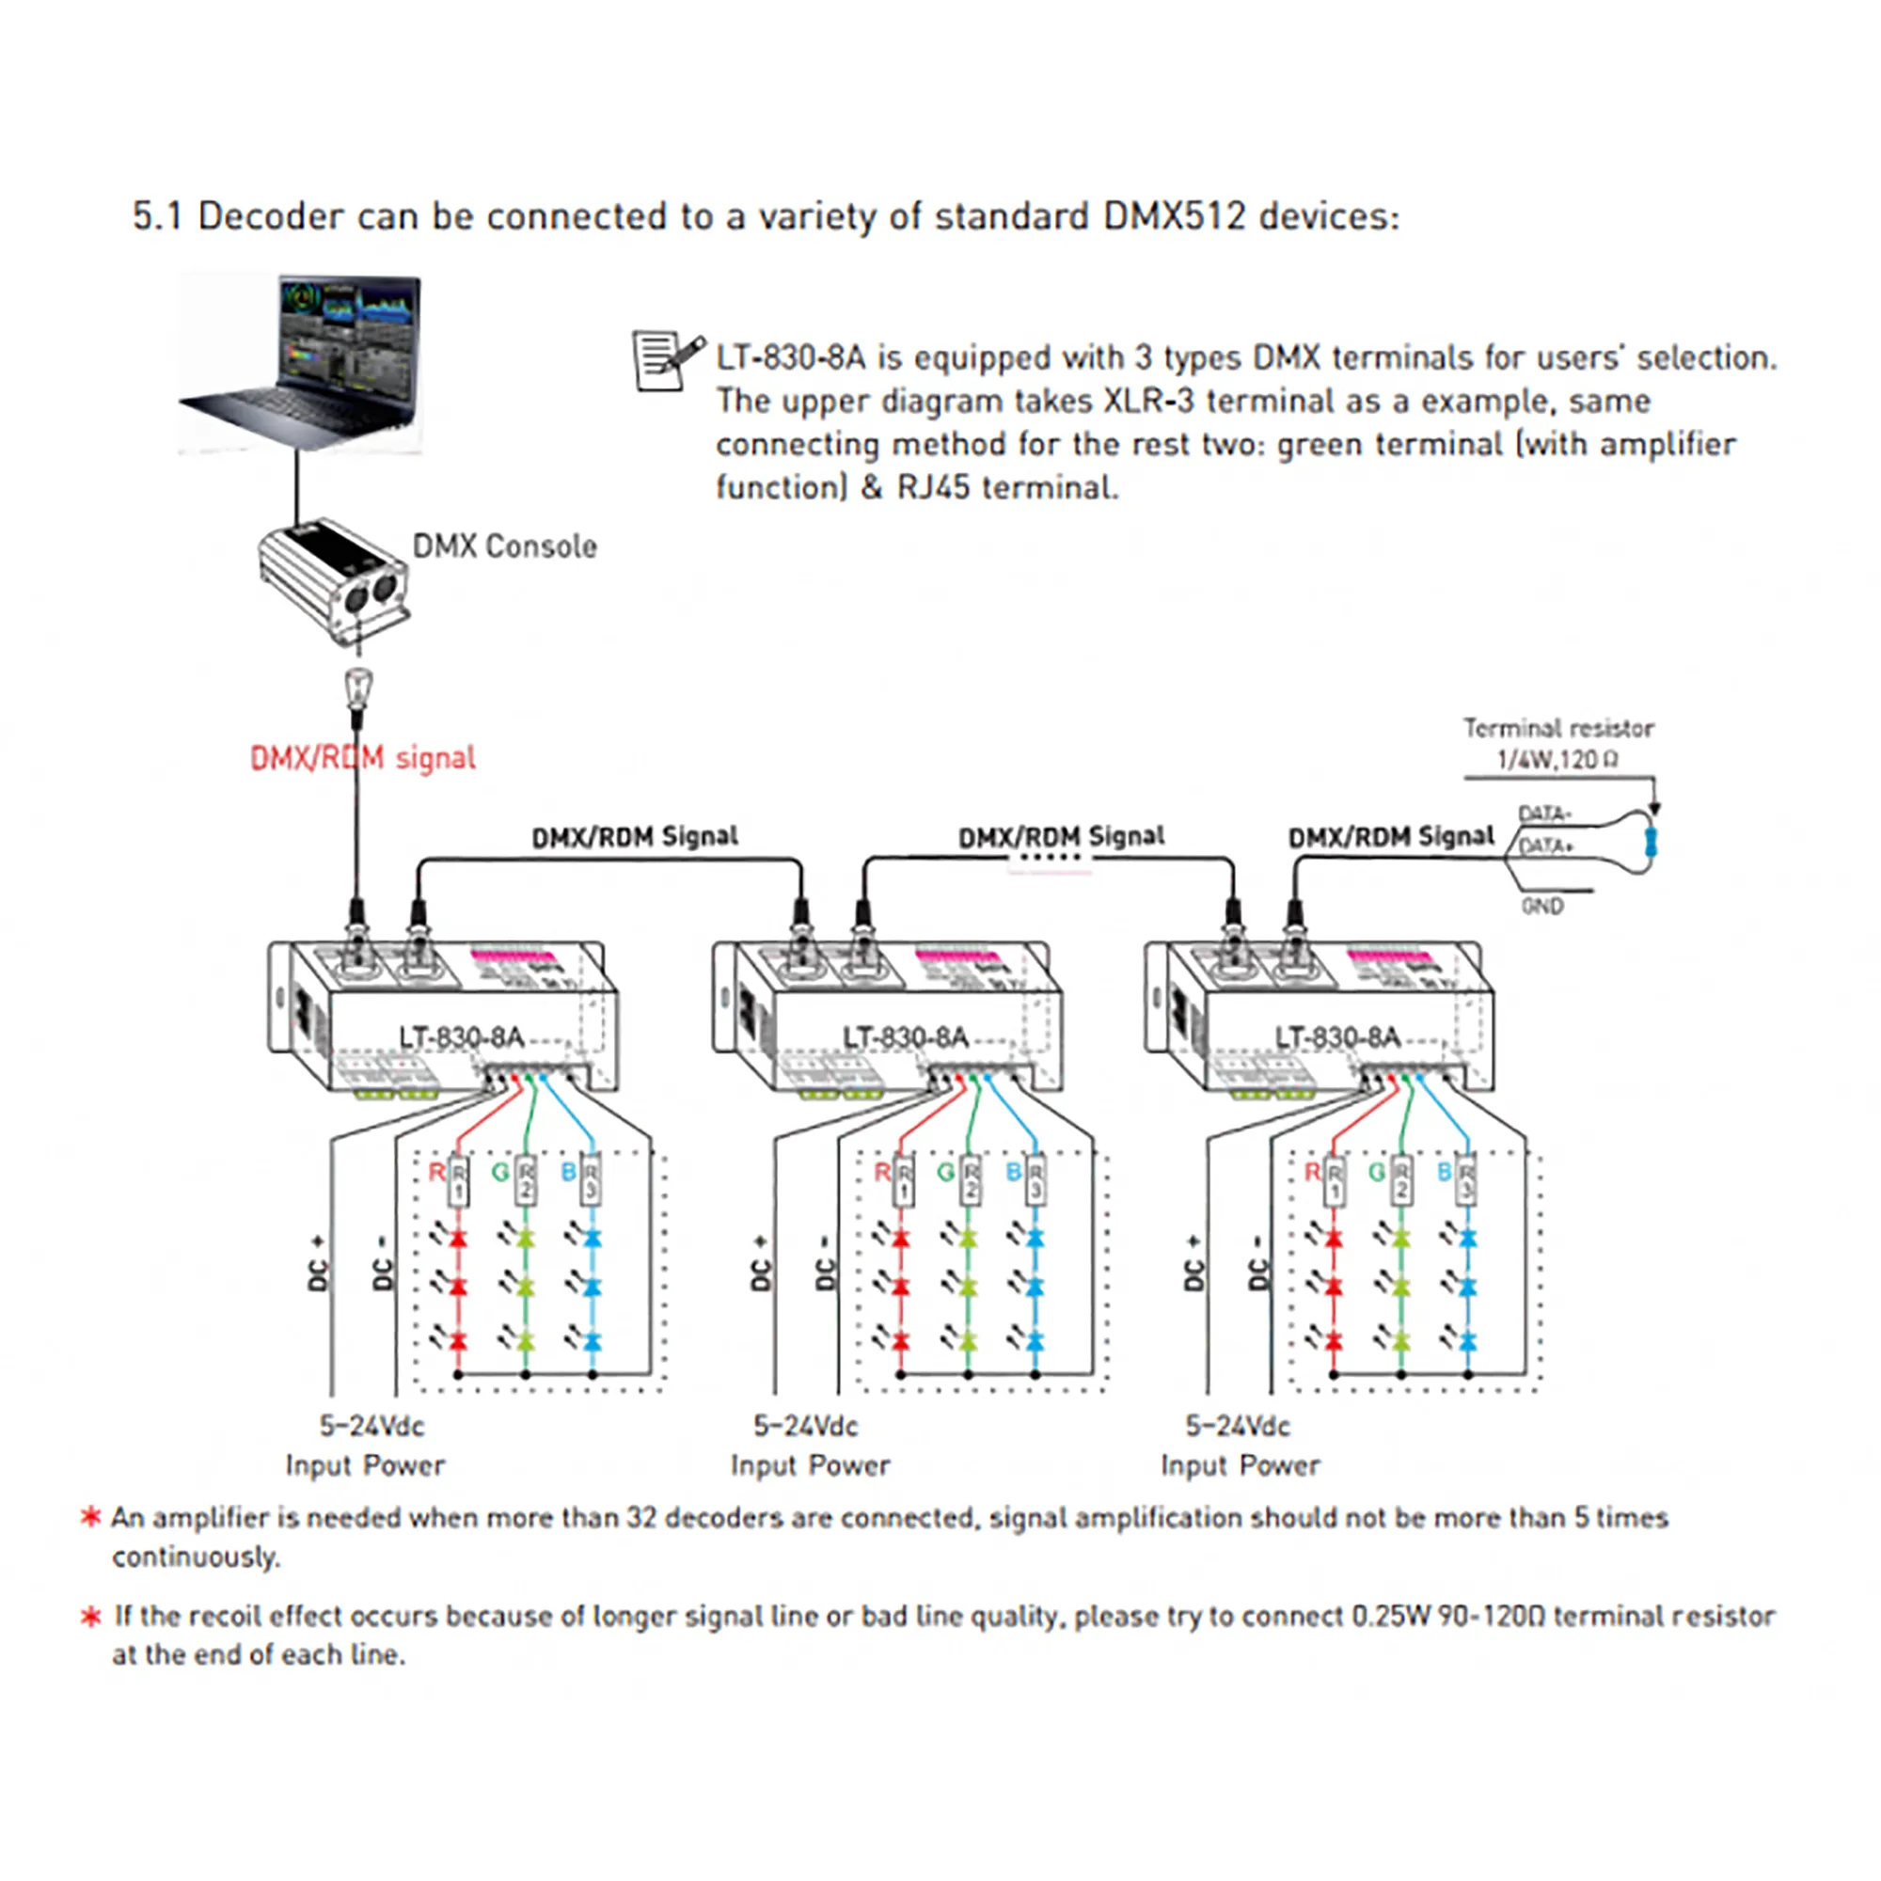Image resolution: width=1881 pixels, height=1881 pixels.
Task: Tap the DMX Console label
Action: [x=504, y=546]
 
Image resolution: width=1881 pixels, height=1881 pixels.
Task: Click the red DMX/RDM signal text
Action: [x=362, y=757]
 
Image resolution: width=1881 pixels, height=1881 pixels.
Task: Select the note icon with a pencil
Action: [x=667, y=360]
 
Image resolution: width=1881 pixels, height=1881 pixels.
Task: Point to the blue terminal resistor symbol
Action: [x=1650, y=841]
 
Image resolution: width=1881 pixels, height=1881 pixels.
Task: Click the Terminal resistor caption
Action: [x=1557, y=728]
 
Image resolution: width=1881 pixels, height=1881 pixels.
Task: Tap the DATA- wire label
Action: [x=1544, y=813]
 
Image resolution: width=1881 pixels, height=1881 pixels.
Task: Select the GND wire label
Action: [x=1542, y=907]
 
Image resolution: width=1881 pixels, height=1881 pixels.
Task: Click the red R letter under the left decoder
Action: [x=437, y=1172]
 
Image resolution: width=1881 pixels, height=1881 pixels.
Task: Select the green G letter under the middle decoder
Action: [x=944, y=1172]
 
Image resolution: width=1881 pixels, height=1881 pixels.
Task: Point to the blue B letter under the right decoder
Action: [x=1445, y=1172]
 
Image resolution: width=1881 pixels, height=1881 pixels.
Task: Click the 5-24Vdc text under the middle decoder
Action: [x=805, y=1427]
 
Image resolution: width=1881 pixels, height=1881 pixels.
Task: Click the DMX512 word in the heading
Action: [x=1173, y=216]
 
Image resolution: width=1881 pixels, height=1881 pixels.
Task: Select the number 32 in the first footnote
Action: [x=640, y=1517]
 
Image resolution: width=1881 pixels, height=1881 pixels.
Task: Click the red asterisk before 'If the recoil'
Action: [x=90, y=1617]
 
